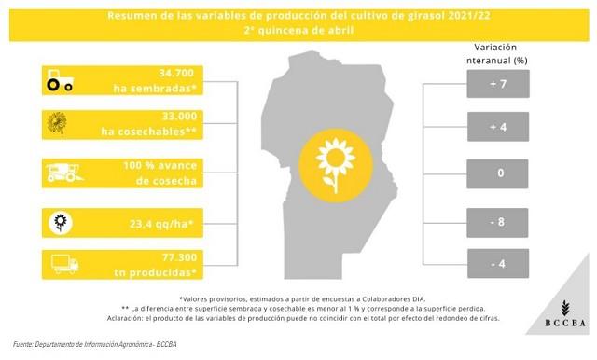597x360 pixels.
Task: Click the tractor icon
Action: (60, 80)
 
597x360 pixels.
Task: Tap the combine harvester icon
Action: (64, 173)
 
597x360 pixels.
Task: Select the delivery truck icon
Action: (64, 264)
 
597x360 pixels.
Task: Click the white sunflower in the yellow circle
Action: (336, 165)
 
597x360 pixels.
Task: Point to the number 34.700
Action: (176, 73)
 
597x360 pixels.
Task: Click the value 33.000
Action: (180, 116)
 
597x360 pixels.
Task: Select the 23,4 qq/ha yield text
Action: (161, 224)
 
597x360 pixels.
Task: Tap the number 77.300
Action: (180, 257)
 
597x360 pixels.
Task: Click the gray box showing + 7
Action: (498, 84)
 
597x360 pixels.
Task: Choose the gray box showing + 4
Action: (498, 127)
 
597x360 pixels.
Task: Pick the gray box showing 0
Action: (497, 173)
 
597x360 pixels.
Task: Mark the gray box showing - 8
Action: (497, 223)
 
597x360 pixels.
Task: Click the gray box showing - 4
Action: (498, 263)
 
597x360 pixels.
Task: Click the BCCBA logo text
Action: (565, 323)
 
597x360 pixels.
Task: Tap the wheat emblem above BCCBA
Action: (565, 308)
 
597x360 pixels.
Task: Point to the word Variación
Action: (495, 48)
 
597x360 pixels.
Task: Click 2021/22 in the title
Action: (469, 16)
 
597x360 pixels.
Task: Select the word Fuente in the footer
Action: (22, 344)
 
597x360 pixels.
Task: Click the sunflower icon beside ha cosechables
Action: (57, 124)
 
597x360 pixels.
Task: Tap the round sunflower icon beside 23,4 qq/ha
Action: (61, 223)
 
